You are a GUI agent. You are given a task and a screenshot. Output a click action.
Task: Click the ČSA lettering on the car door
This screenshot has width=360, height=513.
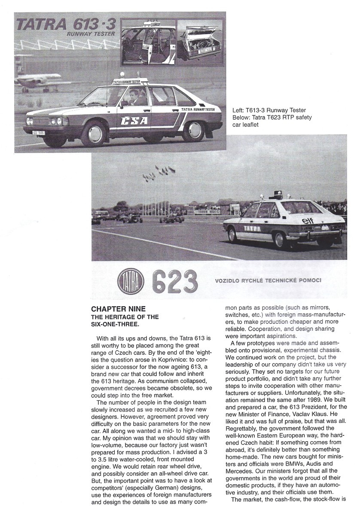point(135,120)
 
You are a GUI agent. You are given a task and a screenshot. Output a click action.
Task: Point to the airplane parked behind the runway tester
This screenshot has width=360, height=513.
point(41,82)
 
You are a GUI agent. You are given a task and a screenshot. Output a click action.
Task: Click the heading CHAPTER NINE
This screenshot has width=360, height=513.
point(119,309)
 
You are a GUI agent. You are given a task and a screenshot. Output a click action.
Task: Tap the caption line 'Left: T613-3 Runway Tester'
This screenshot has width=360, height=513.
point(270,110)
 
